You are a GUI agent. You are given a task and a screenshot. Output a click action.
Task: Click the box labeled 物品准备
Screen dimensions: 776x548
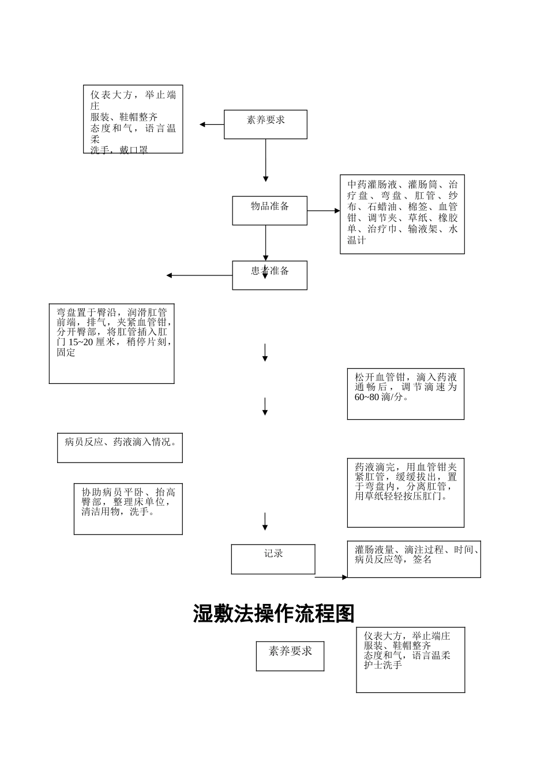click(269, 210)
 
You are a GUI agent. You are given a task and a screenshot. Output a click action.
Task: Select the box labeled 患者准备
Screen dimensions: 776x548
click(269, 275)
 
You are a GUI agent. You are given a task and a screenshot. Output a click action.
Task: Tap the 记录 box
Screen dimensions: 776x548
click(273, 558)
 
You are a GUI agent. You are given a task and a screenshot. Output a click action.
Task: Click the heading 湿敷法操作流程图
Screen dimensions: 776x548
click(273, 614)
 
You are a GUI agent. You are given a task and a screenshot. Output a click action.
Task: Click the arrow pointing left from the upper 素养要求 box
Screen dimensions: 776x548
click(212, 124)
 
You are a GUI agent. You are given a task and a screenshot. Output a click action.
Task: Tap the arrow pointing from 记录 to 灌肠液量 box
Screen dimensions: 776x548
click(331, 576)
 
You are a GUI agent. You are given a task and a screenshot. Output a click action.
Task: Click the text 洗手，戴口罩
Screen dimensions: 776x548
click(119, 150)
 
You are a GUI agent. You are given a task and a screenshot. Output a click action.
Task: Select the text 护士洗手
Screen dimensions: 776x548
click(383, 665)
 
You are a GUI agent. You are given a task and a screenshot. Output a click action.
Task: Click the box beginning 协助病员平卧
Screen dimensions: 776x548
click(128, 509)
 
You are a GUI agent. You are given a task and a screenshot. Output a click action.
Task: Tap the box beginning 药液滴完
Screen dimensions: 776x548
click(406, 493)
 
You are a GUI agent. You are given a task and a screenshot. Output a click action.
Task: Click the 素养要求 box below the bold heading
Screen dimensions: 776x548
click(290, 655)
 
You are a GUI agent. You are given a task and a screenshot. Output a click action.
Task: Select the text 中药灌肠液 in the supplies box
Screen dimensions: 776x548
click(372, 185)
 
